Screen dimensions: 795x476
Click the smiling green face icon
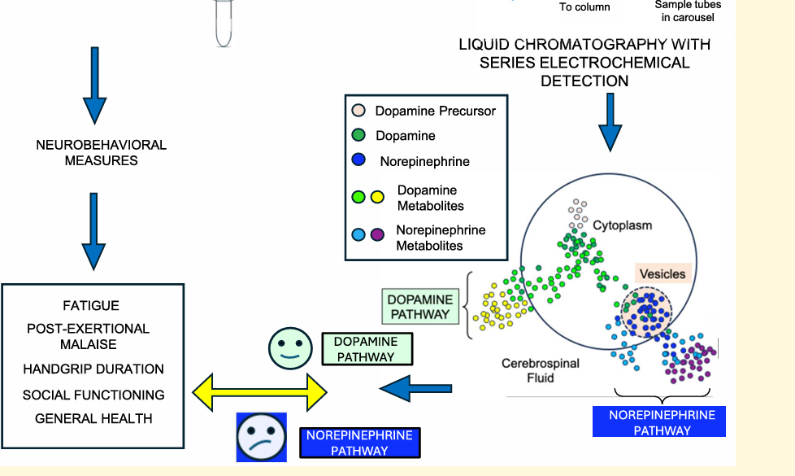click(x=290, y=348)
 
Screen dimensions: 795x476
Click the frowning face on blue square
click(x=262, y=438)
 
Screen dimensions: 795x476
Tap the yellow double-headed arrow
click(x=259, y=392)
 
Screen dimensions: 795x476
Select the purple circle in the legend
click(x=377, y=234)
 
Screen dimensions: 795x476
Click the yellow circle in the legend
click(x=377, y=197)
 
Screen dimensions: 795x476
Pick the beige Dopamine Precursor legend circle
click(x=358, y=110)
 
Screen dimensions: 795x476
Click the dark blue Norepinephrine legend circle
click(x=358, y=159)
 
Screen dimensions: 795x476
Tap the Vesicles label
click(x=662, y=274)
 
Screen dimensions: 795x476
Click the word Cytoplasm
click(x=622, y=225)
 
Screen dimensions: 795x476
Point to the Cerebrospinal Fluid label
click(x=541, y=370)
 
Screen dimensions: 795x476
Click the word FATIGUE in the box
click(x=91, y=305)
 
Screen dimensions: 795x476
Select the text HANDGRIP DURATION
click(x=93, y=369)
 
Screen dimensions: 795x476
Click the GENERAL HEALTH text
click(x=93, y=419)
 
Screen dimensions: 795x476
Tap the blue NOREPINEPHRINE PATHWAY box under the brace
click(x=659, y=421)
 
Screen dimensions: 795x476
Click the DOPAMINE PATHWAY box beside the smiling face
click(x=367, y=349)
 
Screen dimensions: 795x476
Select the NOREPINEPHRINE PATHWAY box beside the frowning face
click(x=360, y=443)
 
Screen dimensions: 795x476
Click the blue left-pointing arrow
click(x=415, y=389)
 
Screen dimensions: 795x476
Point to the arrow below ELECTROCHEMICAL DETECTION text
click(x=610, y=122)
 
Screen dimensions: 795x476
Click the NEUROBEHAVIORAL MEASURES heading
click(x=102, y=153)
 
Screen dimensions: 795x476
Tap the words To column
click(x=584, y=7)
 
